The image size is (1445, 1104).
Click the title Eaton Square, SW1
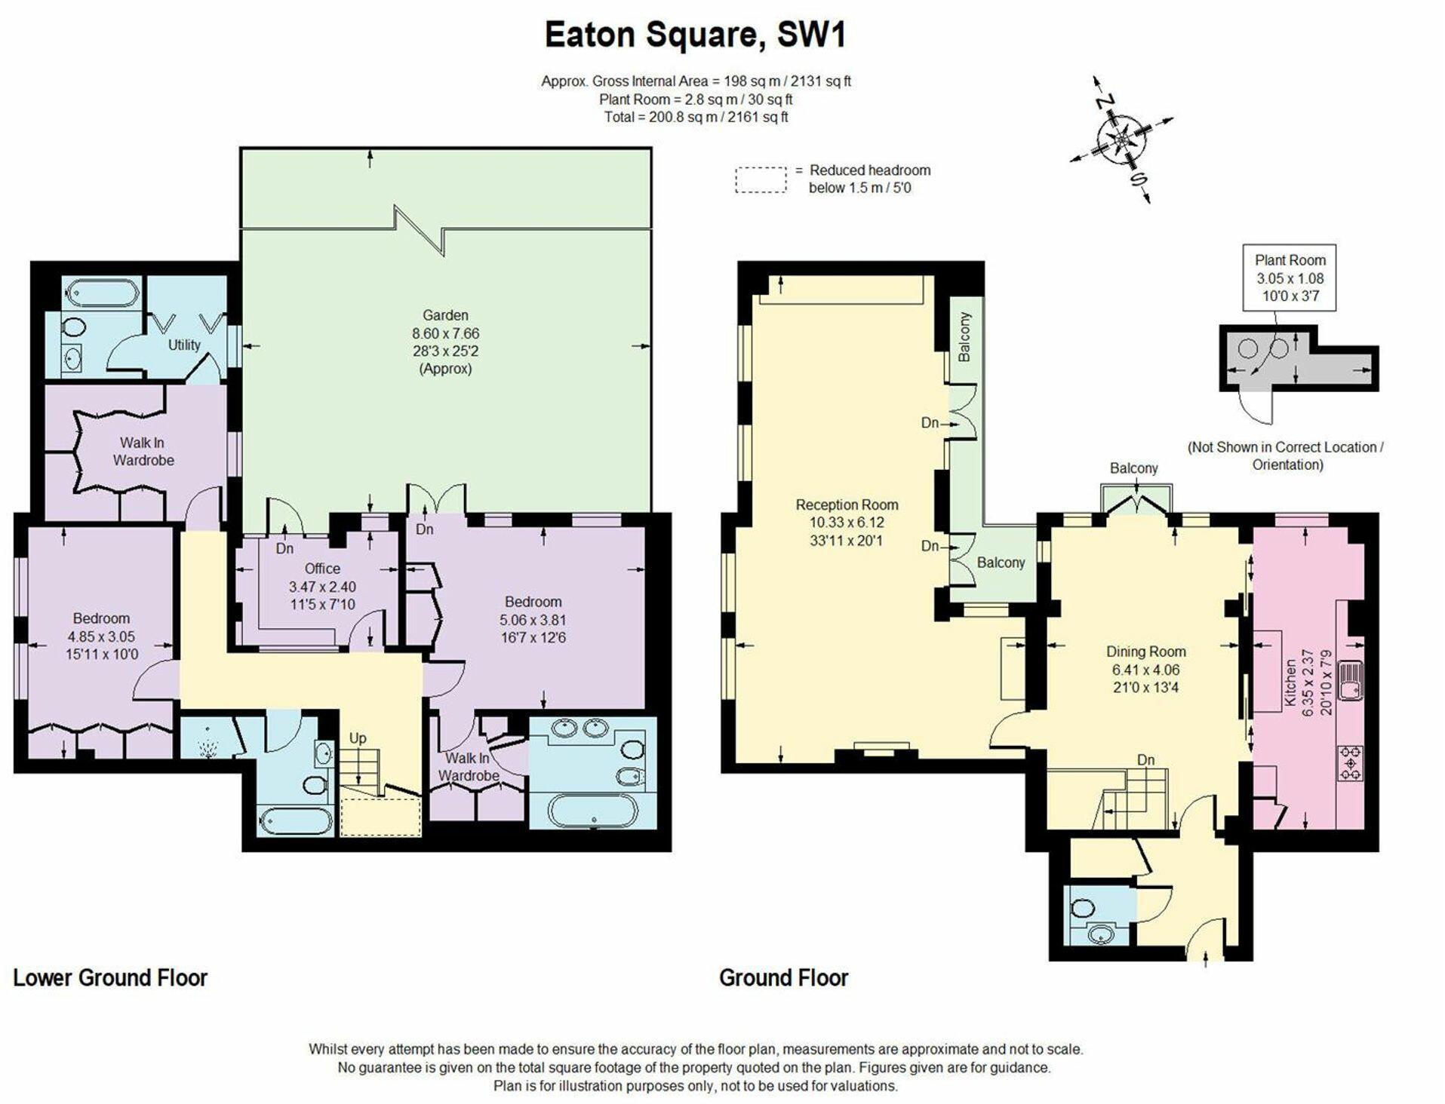[694, 36]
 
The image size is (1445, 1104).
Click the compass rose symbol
[1122, 140]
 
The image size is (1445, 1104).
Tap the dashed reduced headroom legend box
[761, 179]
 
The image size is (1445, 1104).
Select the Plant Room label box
[1290, 278]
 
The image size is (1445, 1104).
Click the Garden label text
[445, 315]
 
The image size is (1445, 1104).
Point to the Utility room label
[184, 345]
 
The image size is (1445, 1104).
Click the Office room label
[322, 569]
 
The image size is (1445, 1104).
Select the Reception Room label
[847, 504]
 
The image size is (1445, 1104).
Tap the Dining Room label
[1145, 652]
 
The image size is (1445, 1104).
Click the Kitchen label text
[1290, 682]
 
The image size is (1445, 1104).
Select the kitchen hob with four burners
[1350, 762]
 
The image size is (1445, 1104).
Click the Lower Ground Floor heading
[110, 978]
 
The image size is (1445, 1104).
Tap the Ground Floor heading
[783, 978]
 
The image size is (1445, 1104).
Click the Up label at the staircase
[358, 738]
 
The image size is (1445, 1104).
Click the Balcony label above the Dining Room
[1133, 468]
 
